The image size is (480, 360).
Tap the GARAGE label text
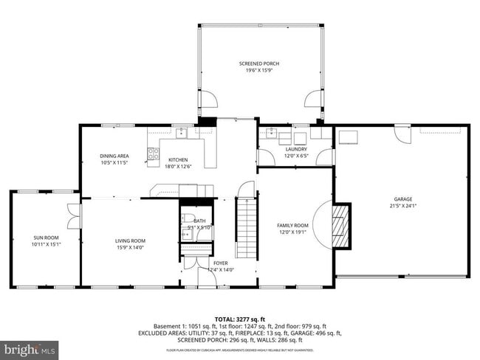402,198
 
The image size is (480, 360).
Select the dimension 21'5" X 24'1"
402,206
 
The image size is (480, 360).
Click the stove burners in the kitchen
154,154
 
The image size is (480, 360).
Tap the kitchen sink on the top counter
181,134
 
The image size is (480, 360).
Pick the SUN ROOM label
45,238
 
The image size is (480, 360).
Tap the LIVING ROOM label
130,240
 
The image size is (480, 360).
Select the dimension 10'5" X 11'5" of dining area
114,162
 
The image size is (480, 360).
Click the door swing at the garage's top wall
402,136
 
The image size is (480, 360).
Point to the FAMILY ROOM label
292,225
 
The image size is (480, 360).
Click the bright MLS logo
30,347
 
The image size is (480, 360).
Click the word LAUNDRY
295,149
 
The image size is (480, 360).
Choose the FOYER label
221,263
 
